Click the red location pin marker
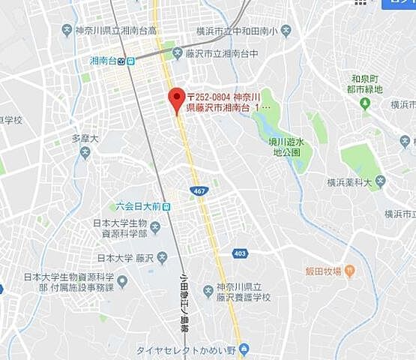tap(176, 100)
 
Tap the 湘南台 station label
tap(103, 61)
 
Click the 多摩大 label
tap(85, 139)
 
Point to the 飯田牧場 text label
tap(322, 271)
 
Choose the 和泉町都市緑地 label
tap(367, 83)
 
